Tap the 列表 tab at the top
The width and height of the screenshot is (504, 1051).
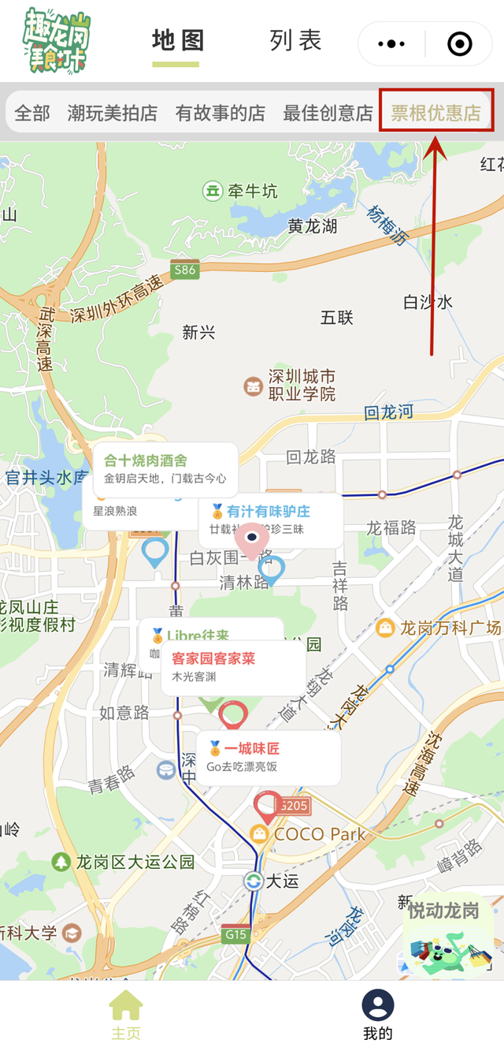click(x=295, y=41)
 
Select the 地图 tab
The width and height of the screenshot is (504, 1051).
click(x=178, y=41)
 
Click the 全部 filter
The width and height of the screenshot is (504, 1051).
click(x=32, y=113)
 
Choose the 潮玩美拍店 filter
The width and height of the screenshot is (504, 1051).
click(x=112, y=113)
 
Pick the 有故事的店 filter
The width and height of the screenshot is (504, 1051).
click(x=220, y=113)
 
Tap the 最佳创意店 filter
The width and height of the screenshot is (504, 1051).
click(x=328, y=113)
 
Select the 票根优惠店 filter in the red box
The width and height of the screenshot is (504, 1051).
click(x=436, y=113)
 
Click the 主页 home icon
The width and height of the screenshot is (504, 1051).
click(x=126, y=1007)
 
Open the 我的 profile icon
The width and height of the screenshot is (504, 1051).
click(x=378, y=1007)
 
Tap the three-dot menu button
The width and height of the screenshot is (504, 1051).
click(x=391, y=44)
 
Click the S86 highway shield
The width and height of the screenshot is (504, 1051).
click(x=184, y=270)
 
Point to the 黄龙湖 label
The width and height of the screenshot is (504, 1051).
click(x=312, y=226)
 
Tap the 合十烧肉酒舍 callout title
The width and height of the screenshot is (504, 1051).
click(x=146, y=460)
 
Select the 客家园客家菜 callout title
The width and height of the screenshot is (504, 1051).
click(x=213, y=658)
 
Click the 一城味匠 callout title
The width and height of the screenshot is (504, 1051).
click(x=251, y=748)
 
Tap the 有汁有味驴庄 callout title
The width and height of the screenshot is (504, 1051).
click(x=268, y=511)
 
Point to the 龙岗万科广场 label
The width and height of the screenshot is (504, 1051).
click(x=450, y=628)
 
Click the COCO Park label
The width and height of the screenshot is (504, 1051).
click(x=319, y=833)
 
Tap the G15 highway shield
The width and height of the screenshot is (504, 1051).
click(x=235, y=935)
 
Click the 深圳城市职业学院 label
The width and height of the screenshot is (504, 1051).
click(x=302, y=385)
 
